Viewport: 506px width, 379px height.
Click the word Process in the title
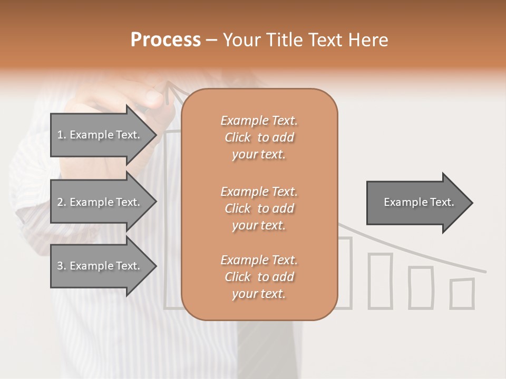(x=166, y=40)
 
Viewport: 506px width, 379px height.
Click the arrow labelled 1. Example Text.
(x=100, y=135)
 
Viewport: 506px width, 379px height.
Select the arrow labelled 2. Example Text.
(x=100, y=202)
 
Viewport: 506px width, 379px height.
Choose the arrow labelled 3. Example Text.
(x=100, y=266)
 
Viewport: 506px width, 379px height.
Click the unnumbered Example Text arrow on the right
(x=416, y=203)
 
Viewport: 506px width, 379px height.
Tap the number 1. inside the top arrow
(x=62, y=135)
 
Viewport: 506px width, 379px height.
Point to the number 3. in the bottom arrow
(x=62, y=266)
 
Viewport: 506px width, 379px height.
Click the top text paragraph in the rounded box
(x=259, y=137)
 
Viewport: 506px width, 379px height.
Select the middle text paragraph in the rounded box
(x=259, y=208)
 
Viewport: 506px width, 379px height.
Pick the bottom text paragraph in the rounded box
(x=259, y=277)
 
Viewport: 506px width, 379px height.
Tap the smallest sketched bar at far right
(x=462, y=294)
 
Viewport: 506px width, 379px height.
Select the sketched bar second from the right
(x=421, y=287)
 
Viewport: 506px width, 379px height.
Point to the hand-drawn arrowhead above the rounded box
(x=170, y=91)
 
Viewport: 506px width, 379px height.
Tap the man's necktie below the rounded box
(x=264, y=347)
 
